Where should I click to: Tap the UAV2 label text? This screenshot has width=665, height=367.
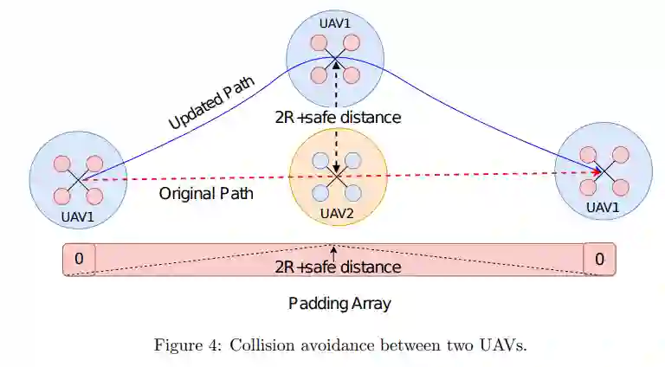[x=336, y=213]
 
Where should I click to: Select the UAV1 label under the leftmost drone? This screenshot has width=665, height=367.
[x=78, y=216]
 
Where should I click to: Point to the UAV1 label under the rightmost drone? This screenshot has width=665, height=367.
[x=603, y=207]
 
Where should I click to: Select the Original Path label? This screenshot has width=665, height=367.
[x=206, y=193]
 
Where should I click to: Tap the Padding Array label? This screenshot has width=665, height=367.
[x=339, y=304]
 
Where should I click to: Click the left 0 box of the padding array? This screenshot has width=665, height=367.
[x=79, y=258]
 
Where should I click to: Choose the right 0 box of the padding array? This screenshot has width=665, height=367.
[x=599, y=258]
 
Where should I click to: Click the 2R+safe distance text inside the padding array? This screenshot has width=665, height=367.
[x=338, y=267]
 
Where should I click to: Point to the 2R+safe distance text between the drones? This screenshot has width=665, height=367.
[x=338, y=118]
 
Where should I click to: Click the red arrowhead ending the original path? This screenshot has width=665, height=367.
[x=595, y=172]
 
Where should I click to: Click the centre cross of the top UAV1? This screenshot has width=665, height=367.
[x=335, y=59]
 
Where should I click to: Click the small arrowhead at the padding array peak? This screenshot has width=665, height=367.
[x=334, y=248]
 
